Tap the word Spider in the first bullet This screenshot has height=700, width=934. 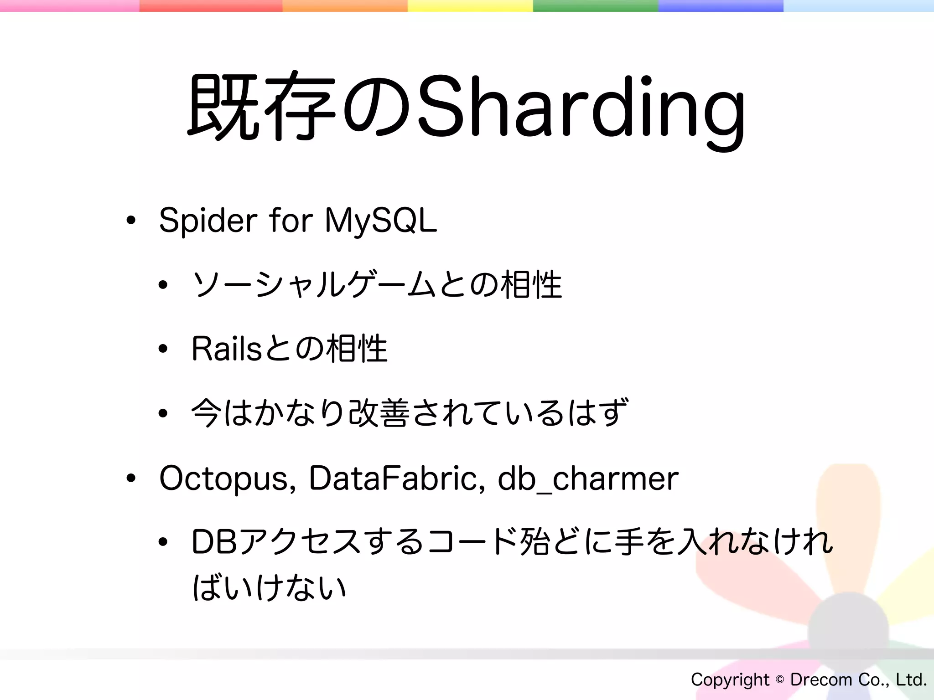(x=208, y=221)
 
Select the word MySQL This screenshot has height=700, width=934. (x=380, y=221)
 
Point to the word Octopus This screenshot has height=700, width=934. (x=223, y=479)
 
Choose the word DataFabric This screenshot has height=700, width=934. (x=393, y=479)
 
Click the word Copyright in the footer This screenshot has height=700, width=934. (x=730, y=680)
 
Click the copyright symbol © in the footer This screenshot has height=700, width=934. (x=780, y=680)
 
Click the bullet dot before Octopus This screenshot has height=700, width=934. (x=131, y=479)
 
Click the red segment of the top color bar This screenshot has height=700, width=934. (x=211, y=5)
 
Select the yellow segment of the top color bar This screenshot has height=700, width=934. (x=470, y=5)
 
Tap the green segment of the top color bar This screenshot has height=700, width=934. (x=595, y=5)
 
